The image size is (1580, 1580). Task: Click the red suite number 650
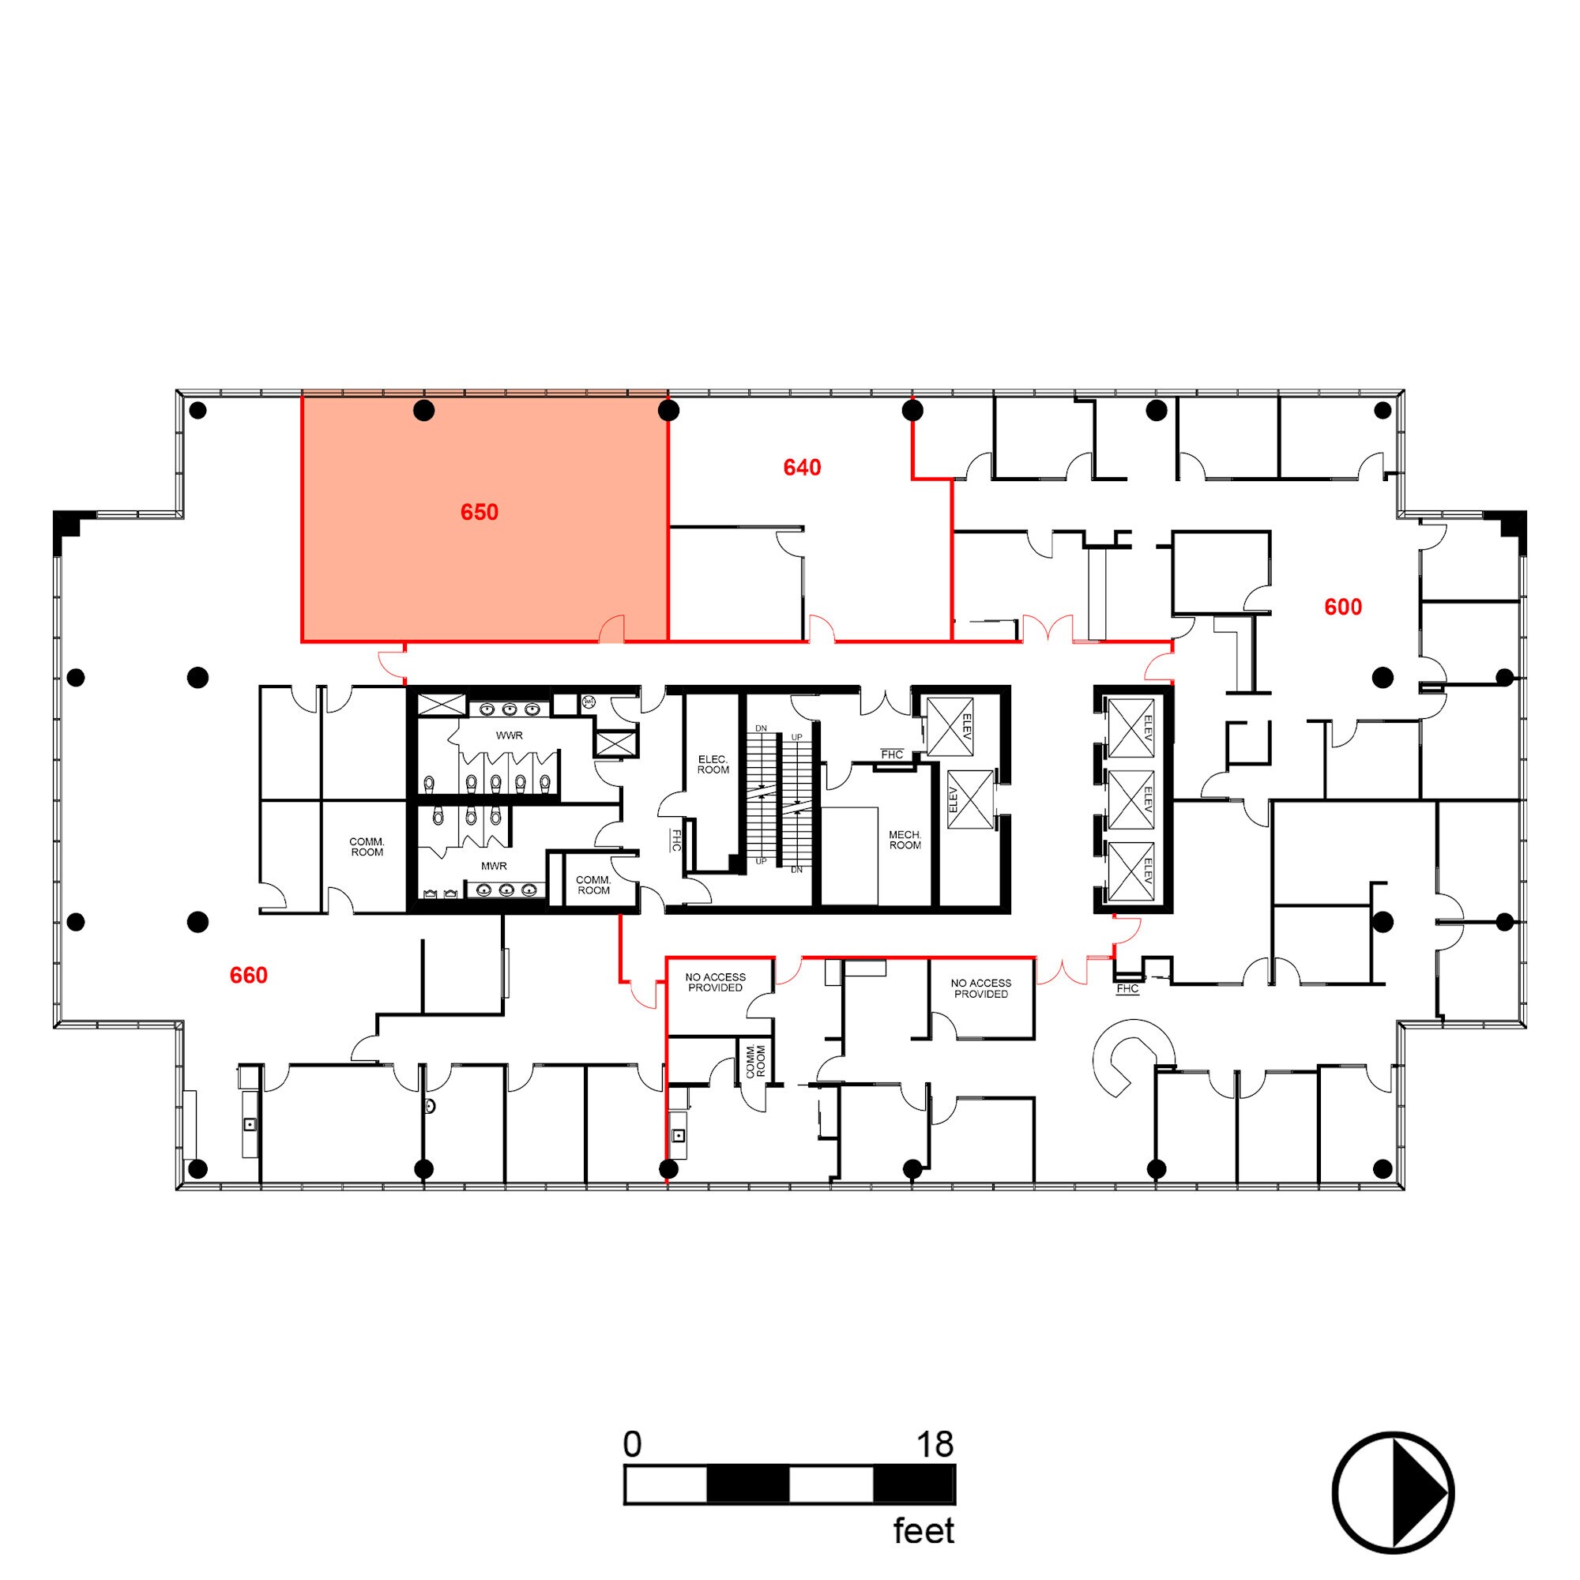coord(480,513)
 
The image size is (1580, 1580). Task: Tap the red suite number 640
coord(801,468)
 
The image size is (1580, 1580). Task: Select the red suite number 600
coord(1343,607)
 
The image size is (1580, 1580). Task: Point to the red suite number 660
coord(249,975)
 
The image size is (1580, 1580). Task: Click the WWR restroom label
coord(509,735)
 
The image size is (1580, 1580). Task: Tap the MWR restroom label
coord(493,865)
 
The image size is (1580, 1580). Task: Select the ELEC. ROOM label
coord(713,765)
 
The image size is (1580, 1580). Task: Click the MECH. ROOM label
coord(905,840)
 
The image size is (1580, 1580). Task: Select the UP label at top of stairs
coord(796,738)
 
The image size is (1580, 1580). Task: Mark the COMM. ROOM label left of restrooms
coord(367,846)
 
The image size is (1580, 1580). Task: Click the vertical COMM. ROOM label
coord(756,1061)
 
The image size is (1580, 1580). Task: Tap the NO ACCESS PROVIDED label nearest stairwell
coord(715,982)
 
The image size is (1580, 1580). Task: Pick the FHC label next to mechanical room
coord(891,754)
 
